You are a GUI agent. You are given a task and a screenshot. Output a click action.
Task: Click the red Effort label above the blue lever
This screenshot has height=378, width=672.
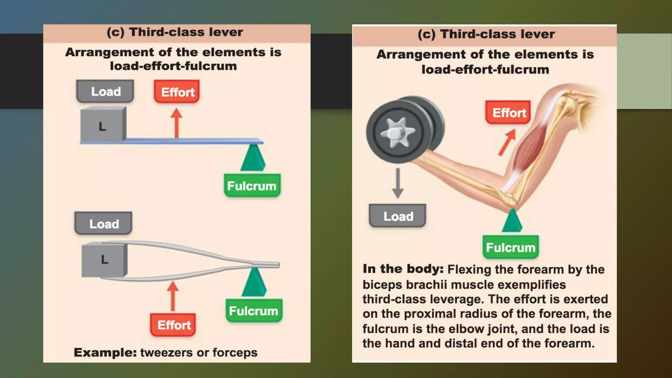[x=177, y=92]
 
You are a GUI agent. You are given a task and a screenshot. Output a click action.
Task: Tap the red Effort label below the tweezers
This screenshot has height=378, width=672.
[x=173, y=325]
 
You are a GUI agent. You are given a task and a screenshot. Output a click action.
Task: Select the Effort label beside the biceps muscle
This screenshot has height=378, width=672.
[x=508, y=113]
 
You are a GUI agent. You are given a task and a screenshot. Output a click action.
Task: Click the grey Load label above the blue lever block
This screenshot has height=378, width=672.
[x=105, y=91]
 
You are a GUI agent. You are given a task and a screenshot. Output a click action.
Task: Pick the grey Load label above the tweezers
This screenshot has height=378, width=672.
[x=104, y=223]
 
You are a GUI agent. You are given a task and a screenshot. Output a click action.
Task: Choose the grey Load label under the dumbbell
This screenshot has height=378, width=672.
[x=398, y=216]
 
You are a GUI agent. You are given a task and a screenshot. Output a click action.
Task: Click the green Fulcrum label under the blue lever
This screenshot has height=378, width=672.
[x=252, y=186]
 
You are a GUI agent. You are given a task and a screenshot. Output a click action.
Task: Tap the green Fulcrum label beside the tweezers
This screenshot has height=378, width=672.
[x=254, y=310]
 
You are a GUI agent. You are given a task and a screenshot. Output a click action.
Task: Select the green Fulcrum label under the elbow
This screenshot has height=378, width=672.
[x=511, y=247]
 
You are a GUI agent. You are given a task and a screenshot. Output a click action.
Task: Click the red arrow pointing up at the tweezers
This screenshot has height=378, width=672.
[x=173, y=296]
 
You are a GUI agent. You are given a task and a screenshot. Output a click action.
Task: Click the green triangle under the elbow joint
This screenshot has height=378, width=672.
[x=512, y=221]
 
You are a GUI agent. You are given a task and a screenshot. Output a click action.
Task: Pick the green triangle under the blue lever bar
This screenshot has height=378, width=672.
[x=253, y=158]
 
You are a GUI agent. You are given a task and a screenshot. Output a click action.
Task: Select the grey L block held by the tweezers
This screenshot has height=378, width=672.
[x=104, y=260]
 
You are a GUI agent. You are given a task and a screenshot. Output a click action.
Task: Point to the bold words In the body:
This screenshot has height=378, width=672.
[x=403, y=269]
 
